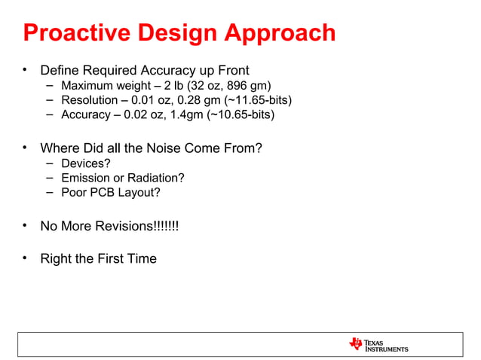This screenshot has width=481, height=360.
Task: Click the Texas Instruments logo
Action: (378, 345)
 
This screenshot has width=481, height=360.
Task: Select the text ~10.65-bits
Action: (240, 115)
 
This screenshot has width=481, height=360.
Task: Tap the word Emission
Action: (84, 178)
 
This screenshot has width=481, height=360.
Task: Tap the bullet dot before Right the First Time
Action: (25, 258)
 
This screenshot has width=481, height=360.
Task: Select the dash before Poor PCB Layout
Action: (48, 193)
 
